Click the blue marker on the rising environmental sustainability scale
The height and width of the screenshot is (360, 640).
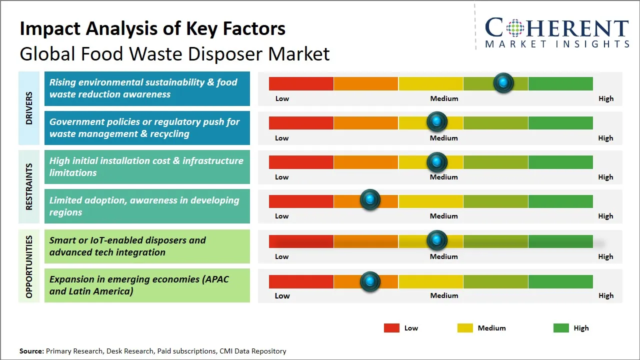point(503,82)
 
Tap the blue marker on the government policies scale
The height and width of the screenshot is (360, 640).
point(437,121)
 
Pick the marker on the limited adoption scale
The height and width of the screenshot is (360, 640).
point(370,200)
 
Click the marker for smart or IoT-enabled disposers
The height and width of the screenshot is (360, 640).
point(437,240)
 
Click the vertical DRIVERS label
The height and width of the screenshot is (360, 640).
point(29,108)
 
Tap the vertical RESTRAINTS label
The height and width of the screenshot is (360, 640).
point(29,186)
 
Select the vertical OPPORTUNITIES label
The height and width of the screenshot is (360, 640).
point(29,266)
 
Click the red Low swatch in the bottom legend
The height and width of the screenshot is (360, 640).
point(391,328)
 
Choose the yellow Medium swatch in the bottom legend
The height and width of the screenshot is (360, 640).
point(465,328)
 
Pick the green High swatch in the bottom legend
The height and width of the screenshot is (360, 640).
point(561,328)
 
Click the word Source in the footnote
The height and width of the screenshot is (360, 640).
point(31,351)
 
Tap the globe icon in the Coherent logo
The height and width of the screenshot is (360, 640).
point(515,28)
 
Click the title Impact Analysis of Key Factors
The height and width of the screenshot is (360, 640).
point(152,28)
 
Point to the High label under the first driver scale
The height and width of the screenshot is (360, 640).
point(605,98)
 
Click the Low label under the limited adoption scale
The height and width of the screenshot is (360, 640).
point(282,216)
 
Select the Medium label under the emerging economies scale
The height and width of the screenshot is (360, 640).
point(444,295)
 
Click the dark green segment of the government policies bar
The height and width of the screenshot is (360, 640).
point(560,122)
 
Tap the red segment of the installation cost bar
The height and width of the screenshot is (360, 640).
point(301,162)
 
